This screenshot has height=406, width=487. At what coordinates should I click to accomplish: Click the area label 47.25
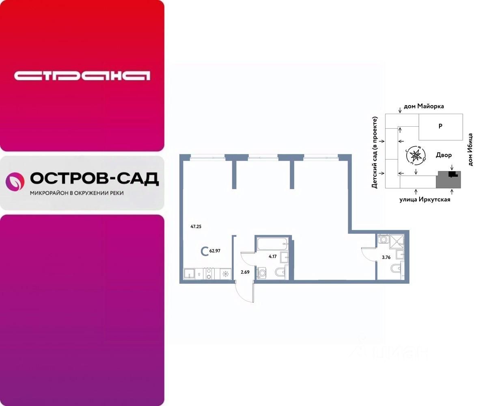coord(196,227)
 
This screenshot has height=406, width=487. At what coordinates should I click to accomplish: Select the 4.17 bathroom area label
coord(273,257)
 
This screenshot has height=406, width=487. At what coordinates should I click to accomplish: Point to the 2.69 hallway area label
coord(245,272)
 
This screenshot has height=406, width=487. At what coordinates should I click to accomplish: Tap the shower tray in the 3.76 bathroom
coord(395,242)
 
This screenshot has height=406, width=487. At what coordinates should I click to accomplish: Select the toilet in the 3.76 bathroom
coord(395,269)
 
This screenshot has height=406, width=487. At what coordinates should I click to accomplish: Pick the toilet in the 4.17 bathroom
coord(281,272)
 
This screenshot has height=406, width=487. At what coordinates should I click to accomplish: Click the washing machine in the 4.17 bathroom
coord(262,273)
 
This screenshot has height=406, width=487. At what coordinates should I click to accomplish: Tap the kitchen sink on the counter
coord(189,274)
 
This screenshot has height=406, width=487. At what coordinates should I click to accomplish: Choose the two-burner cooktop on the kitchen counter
coord(209,274)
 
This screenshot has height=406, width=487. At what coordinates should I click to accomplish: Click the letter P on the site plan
coord(440,126)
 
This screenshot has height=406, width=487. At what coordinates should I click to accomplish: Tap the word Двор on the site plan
coord(444,155)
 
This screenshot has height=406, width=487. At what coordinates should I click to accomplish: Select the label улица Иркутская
coord(425,199)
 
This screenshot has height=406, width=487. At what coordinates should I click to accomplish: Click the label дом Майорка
coord(424,106)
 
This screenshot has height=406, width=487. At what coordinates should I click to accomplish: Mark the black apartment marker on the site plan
coord(453,174)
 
